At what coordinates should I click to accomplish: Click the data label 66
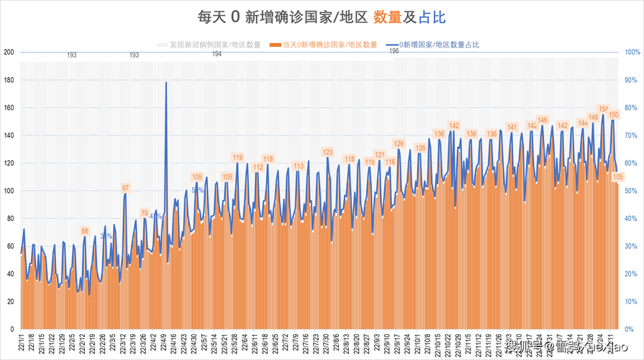pos(85,231)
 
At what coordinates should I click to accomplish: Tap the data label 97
pos(125,188)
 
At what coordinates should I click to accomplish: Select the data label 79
pos(145,213)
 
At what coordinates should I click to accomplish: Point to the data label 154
pos(604,109)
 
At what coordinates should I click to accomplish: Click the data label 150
pos(614,114)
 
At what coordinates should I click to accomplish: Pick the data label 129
pos(399,144)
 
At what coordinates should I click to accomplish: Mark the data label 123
pos(327,152)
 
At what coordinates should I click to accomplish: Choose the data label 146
pos(543,120)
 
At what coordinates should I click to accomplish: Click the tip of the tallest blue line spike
pos(166,82)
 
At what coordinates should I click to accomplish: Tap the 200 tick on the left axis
pos(9,52)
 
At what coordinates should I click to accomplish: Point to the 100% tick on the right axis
pos(632,52)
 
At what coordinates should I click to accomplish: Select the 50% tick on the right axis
pos(630,191)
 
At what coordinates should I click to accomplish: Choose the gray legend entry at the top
pos(209,45)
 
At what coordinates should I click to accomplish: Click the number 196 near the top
pos(394,51)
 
